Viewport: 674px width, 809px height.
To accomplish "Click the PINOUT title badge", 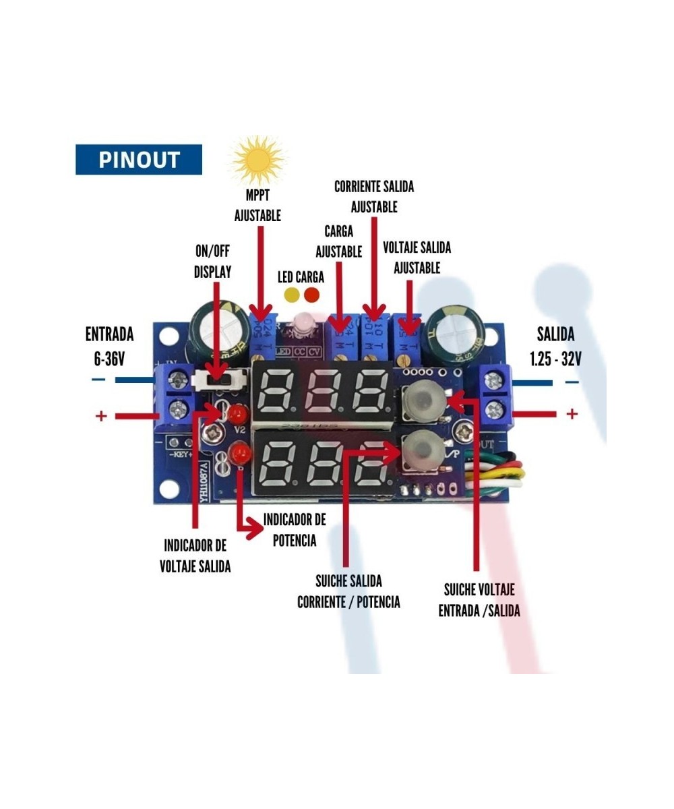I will coord(139,160).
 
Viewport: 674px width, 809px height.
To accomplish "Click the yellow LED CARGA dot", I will coord(292,295).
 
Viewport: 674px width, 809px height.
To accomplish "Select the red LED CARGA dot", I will coord(311,295).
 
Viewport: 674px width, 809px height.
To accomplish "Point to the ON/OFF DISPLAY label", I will coord(212,262).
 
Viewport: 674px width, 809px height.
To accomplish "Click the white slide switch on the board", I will coord(216,380).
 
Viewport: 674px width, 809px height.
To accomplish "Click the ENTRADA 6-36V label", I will coord(109,346).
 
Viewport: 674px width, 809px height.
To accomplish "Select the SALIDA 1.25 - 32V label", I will coord(555,346).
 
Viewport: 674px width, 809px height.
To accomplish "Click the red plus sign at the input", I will coord(101,416).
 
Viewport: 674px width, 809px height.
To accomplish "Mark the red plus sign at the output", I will coord(572,413).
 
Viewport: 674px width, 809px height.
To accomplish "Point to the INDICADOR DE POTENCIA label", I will coord(295,530).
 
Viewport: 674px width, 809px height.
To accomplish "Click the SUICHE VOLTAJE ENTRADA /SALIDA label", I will coord(479,600).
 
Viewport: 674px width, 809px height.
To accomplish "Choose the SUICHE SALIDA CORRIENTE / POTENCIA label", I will coord(348,591).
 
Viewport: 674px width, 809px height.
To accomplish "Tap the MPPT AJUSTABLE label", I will coord(257,206).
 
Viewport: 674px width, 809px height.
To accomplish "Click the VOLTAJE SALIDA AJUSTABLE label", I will coord(417,258).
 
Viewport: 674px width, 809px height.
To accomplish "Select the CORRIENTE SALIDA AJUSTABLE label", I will coord(374,196).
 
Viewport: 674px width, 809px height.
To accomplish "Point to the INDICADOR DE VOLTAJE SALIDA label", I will coord(195,556).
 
